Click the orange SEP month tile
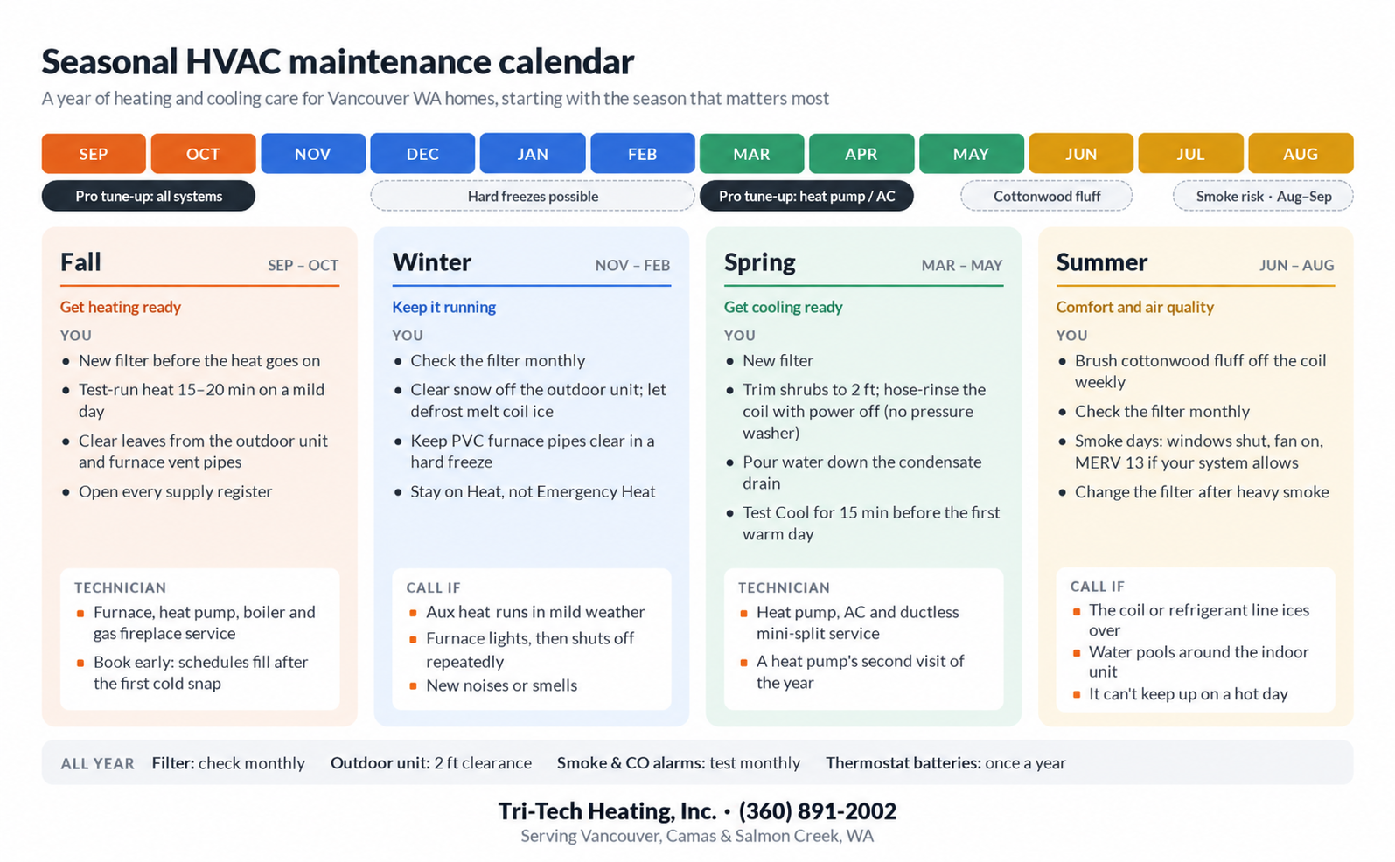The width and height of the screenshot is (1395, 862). [x=94, y=153]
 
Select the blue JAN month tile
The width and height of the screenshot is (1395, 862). [x=533, y=153]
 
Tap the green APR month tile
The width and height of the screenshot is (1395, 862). [x=861, y=153]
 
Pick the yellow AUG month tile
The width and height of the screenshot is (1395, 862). [x=1301, y=153]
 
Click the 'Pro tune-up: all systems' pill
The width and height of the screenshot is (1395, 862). [x=148, y=196]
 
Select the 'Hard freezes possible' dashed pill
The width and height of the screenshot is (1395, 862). [x=533, y=196]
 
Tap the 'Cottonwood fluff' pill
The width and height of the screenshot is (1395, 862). [x=1046, y=196]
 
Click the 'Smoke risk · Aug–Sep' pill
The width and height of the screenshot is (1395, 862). [x=1263, y=196]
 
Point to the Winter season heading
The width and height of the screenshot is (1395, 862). [x=431, y=262]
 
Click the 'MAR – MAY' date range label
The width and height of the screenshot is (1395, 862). [x=961, y=265]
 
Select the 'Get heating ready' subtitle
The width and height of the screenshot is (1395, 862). [x=120, y=307]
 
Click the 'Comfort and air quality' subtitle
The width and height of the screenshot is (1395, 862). [x=1134, y=307]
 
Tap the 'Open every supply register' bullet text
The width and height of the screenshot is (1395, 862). [x=175, y=491]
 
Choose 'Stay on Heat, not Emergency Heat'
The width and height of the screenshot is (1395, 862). [x=533, y=491]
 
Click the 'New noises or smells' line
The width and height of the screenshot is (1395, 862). [x=501, y=685]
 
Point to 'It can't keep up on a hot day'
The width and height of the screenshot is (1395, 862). [x=1188, y=694]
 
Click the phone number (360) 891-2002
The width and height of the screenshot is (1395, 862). [x=817, y=811]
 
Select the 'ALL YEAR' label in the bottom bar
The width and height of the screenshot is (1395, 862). [x=97, y=764]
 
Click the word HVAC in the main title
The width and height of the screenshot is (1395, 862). [x=233, y=61]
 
